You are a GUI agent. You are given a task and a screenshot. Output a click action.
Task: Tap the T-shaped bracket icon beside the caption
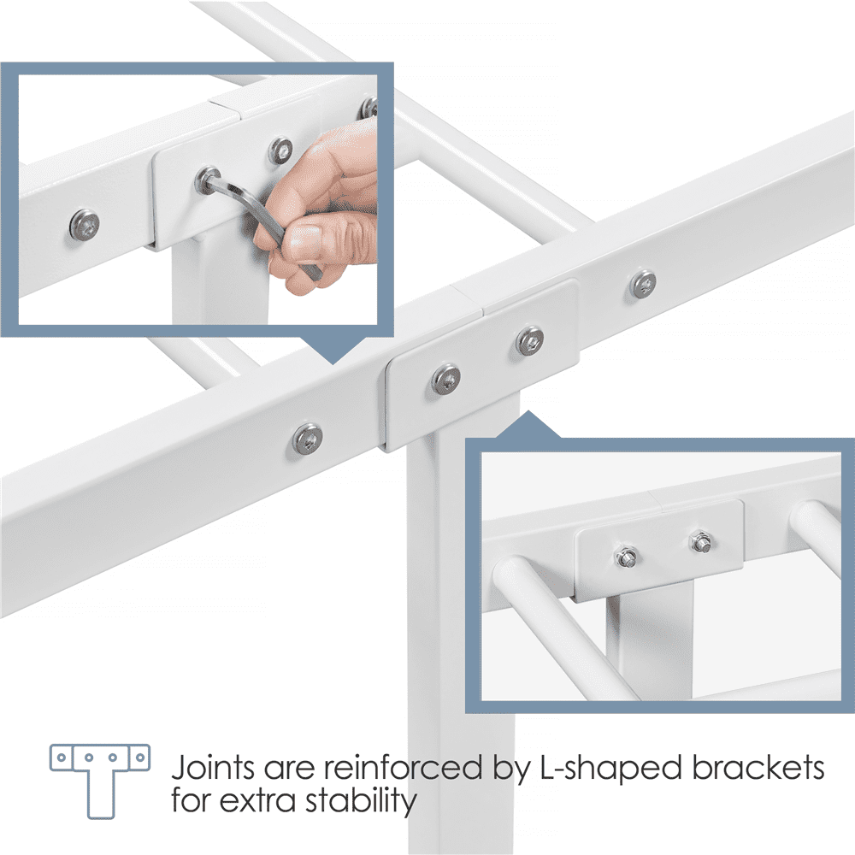tap(100, 780)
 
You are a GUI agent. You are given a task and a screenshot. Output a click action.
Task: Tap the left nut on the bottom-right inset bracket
tap(626, 557)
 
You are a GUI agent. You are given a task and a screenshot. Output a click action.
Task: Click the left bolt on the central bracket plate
tap(446, 379)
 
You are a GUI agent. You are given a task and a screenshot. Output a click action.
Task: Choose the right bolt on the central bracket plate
tap(529, 341)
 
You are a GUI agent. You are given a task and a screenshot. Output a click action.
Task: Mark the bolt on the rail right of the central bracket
tap(643, 284)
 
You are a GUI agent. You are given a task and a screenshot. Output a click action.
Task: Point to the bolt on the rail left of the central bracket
tap(307, 438)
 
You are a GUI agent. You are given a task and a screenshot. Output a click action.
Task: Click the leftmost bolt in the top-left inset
tap(85, 224)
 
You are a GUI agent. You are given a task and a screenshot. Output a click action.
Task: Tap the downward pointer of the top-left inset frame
tap(333, 350)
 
